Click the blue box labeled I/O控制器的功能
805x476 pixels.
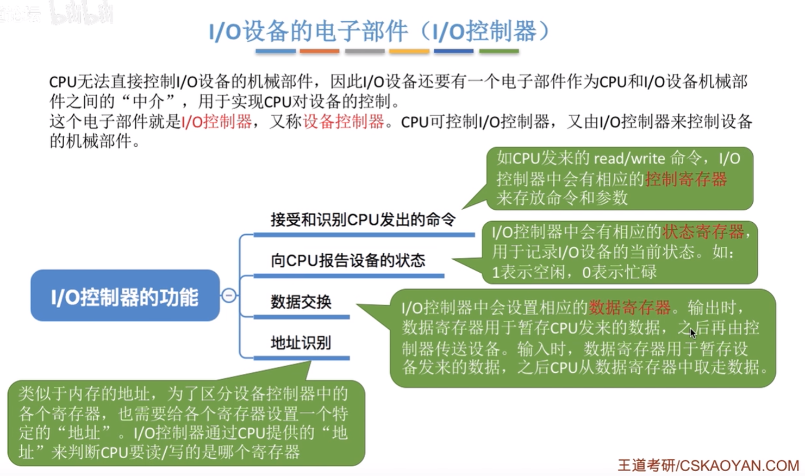point(125,295)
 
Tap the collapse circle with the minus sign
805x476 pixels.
point(229,295)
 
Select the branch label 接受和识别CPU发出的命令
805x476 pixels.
point(363,220)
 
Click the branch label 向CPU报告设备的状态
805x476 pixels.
point(348,260)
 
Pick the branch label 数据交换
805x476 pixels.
point(301,302)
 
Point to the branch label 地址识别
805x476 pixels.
point(301,343)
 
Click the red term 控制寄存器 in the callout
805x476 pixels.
point(686,179)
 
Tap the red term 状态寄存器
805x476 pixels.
point(703,231)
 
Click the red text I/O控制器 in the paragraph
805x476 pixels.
point(217,122)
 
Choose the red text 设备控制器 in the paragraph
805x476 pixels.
point(344,122)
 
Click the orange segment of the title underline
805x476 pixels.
point(320,52)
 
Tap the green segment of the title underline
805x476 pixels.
point(499,52)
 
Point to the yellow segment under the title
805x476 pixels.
point(409,52)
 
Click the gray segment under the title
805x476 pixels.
point(365,52)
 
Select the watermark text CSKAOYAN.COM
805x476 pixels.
point(739,466)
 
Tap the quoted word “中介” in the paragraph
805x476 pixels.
point(148,102)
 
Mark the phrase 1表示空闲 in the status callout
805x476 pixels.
point(528,272)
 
